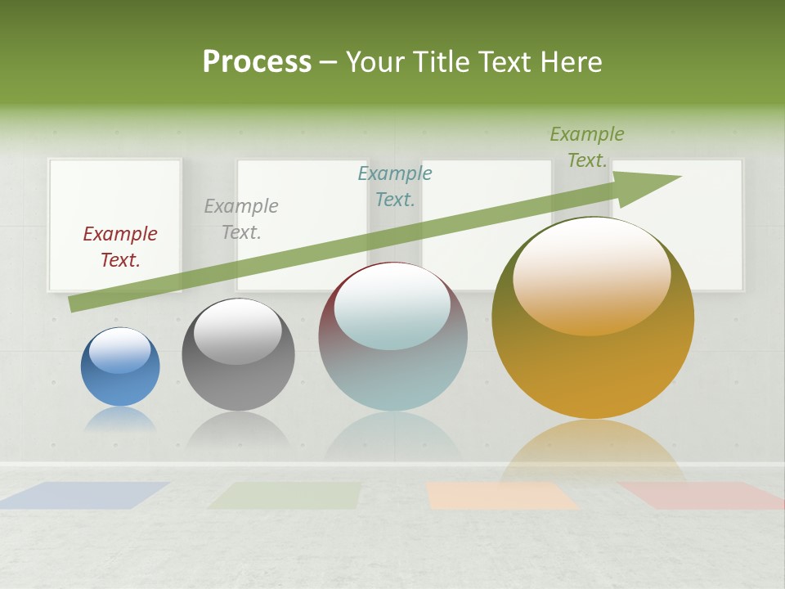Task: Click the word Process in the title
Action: coord(257,62)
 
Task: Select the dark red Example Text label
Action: coord(120,247)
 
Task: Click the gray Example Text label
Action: coord(241,219)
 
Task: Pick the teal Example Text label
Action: coord(395,187)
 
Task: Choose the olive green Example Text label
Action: coord(586,147)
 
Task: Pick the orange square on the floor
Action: coord(500,496)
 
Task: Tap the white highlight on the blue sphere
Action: coord(119,350)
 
